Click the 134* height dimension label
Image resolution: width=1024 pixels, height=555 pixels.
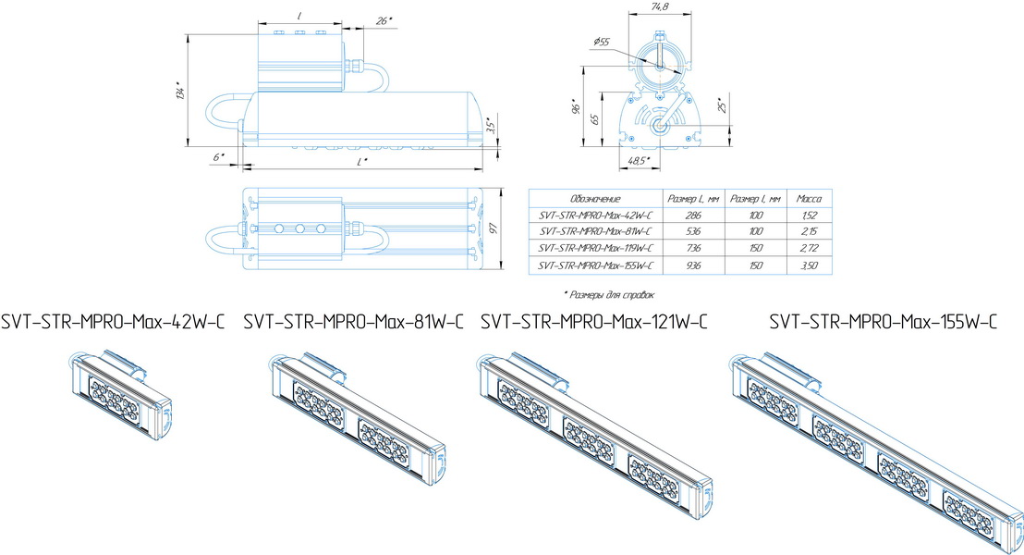pos(180,92)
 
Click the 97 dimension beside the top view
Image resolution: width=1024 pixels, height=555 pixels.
pos(494,228)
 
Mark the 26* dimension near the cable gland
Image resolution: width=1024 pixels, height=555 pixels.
pos(384,21)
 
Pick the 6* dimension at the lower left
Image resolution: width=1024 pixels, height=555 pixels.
pos(218,157)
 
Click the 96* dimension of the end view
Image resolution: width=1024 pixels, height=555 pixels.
pos(576,106)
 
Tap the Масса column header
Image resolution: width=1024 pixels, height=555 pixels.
pos(809,199)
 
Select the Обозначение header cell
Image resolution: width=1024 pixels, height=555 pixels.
pos(594,199)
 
